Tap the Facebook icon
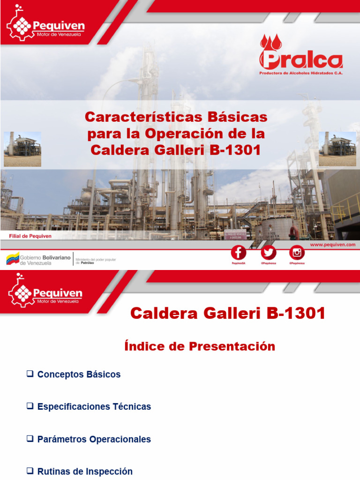click(238, 253)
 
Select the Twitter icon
click(269, 253)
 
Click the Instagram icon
click(297, 253)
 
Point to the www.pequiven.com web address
click(332, 245)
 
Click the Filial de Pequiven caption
click(30, 236)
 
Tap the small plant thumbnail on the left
click(22, 149)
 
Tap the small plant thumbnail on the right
click(337, 149)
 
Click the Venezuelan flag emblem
click(13, 258)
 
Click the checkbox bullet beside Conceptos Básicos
click(30, 374)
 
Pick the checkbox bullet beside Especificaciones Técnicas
click(30, 406)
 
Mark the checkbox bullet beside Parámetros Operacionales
click(30, 439)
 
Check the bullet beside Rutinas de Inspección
click(30, 471)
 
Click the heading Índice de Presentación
click(200, 346)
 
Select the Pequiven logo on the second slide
click(45, 293)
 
